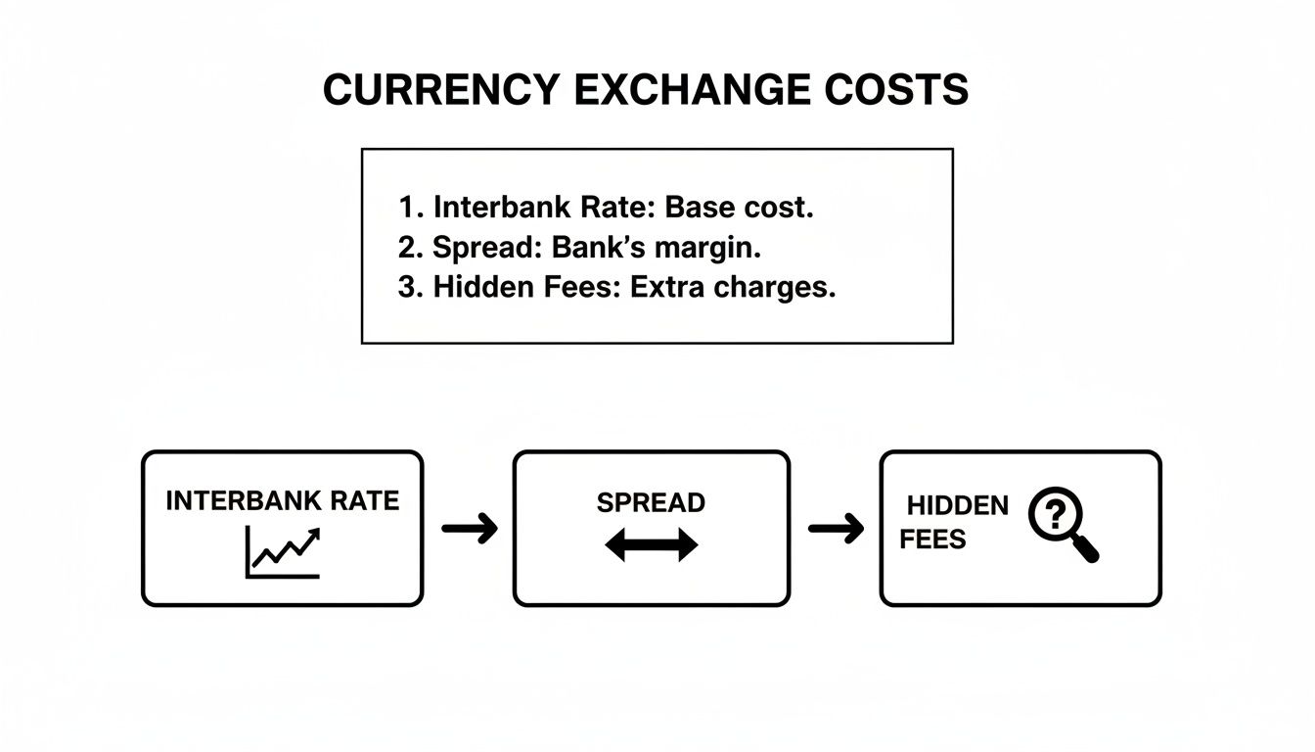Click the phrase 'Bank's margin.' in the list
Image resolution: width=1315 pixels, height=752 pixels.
(x=656, y=249)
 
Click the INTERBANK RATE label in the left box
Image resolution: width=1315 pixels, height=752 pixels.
(x=283, y=501)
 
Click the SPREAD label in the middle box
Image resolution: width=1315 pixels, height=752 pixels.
(x=651, y=503)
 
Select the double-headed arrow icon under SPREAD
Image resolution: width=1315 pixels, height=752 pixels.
(x=651, y=545)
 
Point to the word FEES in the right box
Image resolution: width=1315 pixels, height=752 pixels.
(x=932, y=540)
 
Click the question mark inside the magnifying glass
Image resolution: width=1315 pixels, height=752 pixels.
(x=1052, y=514)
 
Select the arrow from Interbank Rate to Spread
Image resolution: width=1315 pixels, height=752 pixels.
(x=469, y=529)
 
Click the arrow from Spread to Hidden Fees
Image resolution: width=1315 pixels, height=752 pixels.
(x=836, y=529)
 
